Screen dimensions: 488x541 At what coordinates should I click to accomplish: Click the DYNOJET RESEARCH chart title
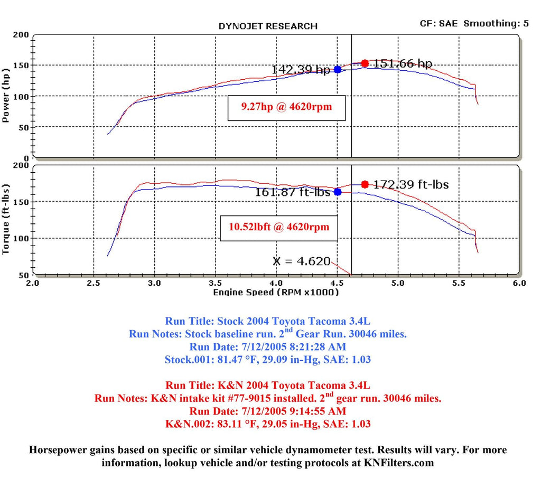point(268,26)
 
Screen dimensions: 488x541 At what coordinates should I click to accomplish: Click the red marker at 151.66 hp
point(365,63)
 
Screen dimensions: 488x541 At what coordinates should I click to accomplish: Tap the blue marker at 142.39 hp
point(338,70)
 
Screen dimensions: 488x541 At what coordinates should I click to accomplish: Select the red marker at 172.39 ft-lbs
point(365,184)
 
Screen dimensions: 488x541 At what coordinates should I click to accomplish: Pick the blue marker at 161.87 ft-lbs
point(338,192)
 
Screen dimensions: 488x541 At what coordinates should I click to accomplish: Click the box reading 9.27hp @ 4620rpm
point(286,108)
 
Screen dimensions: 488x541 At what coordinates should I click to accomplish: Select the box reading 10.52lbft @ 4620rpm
point(279,227)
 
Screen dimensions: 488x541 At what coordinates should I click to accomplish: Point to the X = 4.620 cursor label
point(302,261)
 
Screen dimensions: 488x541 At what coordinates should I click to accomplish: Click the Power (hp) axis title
point(7,96)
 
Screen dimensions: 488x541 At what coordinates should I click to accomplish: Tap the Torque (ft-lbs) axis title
point(7,220)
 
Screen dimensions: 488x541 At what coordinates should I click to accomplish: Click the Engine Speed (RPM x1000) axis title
point(276,292)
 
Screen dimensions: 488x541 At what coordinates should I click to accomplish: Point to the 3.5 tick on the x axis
point(215,283)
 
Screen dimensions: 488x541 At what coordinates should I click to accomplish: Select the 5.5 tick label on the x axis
point(459,283)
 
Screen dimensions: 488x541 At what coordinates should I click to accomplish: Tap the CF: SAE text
point(440,23)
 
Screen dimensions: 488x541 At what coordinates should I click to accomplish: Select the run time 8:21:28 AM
point(325,346)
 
